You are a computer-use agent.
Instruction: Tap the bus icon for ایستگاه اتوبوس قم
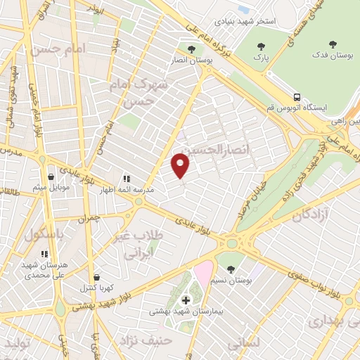298,96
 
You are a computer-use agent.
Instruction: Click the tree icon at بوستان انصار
191,49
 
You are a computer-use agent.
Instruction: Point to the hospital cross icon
186,300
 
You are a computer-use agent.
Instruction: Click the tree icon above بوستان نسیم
231,267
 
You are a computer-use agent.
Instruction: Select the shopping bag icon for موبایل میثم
51,176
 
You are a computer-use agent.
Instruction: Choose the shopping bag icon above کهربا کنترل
96,277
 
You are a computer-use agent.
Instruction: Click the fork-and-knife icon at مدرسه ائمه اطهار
127,179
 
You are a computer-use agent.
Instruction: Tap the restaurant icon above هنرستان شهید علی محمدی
45,254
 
